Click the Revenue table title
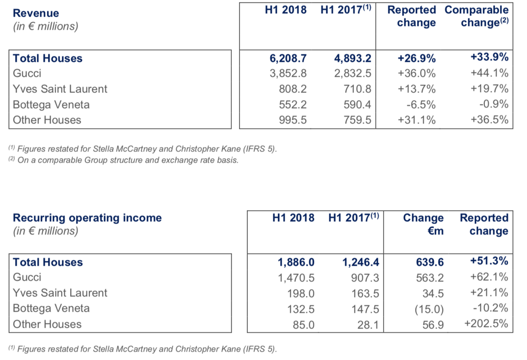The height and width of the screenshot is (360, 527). [36, 13]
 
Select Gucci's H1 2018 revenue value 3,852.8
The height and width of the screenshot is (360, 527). [288, 73]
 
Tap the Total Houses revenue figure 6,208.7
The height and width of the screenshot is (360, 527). [288, 59]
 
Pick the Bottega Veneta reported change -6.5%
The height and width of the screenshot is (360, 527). [421, 104]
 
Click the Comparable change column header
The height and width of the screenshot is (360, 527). [476, 16]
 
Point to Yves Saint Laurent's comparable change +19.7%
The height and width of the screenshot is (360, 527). [490, 89]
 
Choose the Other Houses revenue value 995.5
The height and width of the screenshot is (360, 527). [292, 120]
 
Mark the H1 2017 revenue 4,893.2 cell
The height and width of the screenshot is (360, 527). [353, 59]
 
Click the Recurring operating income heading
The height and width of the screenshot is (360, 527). [87, 218]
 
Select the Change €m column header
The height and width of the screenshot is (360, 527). [423, 224]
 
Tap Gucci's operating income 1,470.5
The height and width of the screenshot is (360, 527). [296, 278]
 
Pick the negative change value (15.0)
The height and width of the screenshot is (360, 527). [429, 309]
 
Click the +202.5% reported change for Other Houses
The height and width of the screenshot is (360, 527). [486, 323]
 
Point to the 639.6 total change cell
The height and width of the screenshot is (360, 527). [430, 262]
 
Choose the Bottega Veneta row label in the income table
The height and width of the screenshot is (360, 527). [51, 308]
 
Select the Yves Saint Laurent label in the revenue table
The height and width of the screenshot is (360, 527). [60, 89]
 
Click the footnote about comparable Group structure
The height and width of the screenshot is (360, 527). [123, 160]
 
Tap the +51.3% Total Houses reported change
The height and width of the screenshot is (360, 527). [490, 261]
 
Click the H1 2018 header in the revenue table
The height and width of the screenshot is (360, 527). [286, 9]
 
